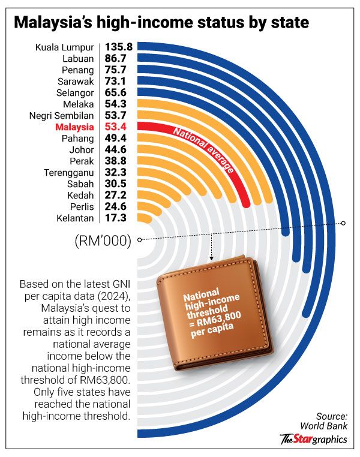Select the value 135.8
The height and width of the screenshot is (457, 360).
119,46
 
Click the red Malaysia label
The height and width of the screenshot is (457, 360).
74,127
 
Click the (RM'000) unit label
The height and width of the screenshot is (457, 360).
103,241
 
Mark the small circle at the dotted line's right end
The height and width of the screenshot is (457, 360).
344,223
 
